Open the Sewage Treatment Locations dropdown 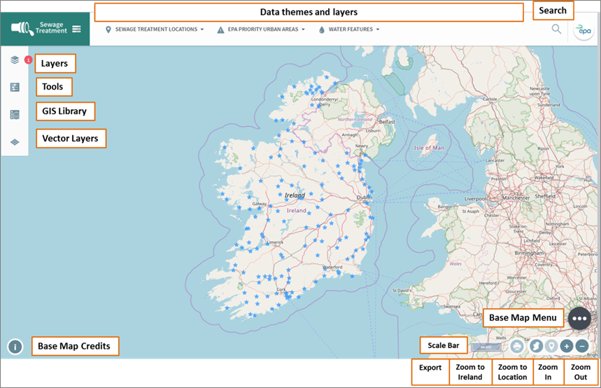pyautogui.click(x=155, y=29)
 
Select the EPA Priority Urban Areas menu pyautogui.click(x=262, y=29)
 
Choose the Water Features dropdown pyautogui.click(x=349, y=29)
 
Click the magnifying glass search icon pyautogui.click(x=556, y=29)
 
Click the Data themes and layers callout pyautogui.click(x=309, y=12)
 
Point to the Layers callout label pyautogui.click(x=55, y=64)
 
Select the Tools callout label pyautogui.click(x=52, y=87)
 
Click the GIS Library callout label pyautogui.click(x=64, y=111)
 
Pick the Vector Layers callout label pyautogui.click(x=70, y=139)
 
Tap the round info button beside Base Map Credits pyautogui.click(x=15, y=347)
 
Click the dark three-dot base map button pyautogui.click(x=579, y=318)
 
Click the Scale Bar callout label pyautogui.click(x=444, y=345)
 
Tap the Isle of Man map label pyautogui.click(x=429, y=148)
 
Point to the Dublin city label pyautogui.click(x=364, y=198)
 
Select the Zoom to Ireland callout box pyautogui.click(x=470, y=372)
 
